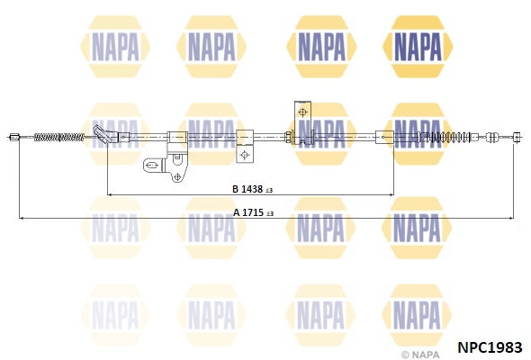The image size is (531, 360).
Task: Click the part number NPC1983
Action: coord(490,347)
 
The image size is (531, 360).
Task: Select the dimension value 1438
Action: coord(252,189)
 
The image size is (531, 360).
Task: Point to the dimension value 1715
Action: coord(253,212)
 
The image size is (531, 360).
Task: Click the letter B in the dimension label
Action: coord(236,189)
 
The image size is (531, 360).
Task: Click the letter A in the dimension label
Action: coord(237,212)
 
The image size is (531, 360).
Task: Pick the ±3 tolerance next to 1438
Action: coord(269,191)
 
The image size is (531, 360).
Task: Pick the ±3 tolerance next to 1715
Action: coord(270,213)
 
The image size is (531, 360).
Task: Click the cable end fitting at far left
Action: coord(13,137)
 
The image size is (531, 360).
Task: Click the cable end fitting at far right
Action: coord(517,137)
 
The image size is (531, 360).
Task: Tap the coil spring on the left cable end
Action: coord(59,137)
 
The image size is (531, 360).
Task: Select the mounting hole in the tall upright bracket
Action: coord(303,112)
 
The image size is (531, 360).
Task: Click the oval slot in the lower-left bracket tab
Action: coord(153,166)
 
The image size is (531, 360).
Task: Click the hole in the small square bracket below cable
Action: coord(245,155)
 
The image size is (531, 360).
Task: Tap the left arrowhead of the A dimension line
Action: coord(21,219)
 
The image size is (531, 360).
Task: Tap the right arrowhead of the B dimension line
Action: coord(391,194)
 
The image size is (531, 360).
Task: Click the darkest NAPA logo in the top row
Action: coord(418,47)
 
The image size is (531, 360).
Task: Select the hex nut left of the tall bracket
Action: coord(289,137)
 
